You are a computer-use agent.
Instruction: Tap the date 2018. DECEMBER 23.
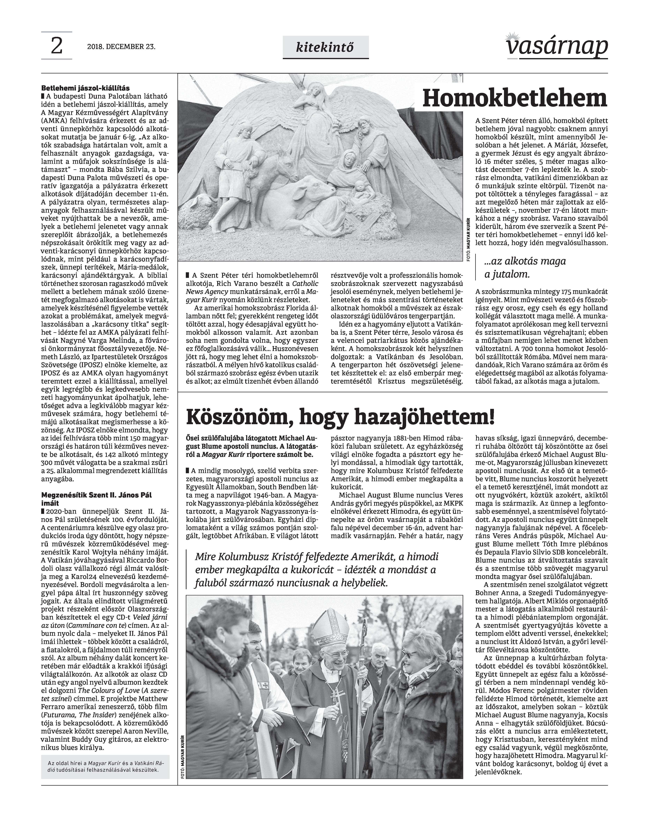coord(121,47)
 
